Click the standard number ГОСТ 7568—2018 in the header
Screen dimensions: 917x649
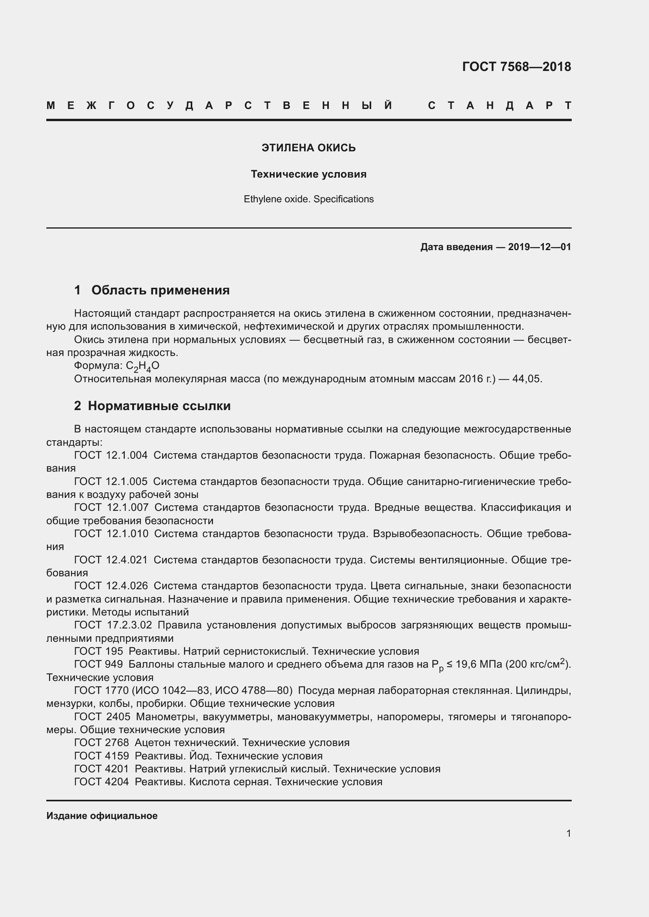point(516,67)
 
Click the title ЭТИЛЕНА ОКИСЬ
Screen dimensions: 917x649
point(308,148)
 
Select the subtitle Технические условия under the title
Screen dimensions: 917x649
point(308,174)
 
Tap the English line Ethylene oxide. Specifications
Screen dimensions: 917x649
point(308,199)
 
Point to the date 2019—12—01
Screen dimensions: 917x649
point(540,247)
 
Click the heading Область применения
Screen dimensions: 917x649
point(160,290)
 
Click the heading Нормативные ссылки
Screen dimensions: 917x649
point(159,406)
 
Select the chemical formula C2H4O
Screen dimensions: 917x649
point(143,366)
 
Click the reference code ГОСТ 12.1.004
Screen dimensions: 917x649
point(111,455)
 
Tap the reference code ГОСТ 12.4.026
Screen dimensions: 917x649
point(111,586)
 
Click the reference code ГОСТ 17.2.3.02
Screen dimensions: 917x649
point(113,625)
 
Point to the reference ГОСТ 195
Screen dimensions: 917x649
point(98,652)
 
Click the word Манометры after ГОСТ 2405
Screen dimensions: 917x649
point(168,717)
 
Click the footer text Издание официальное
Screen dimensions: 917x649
point(102,816)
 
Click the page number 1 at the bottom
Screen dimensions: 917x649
point(568,833)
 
